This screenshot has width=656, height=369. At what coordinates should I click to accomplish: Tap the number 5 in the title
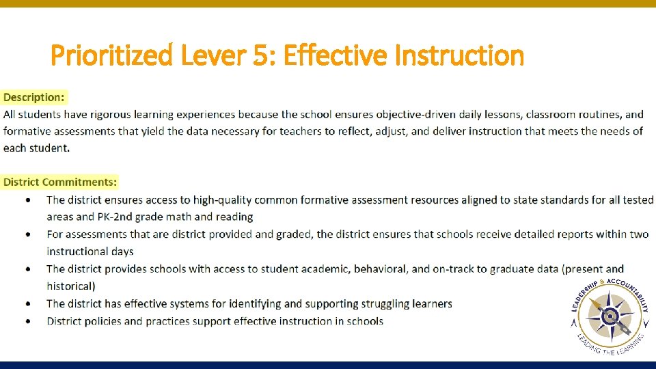pyautogui.click(x=260, y=55)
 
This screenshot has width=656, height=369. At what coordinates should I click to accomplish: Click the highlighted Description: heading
pyautogui.click(x=34, y=98)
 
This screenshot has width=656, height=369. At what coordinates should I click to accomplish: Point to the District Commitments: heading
pyautogui.click(x=60, y=182)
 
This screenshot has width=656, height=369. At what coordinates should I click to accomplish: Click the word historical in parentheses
pyautogui.click(x=70, y=286)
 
